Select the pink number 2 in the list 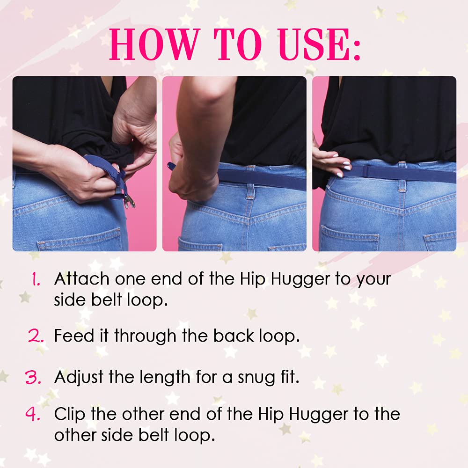click(36, 336)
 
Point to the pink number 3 click(33, 377)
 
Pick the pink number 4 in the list click(33, 414)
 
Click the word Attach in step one click(82, 279)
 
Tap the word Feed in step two click(74, 336)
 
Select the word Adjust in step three click(80, 377)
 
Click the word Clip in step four click(70, 414)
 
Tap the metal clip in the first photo click(129, 202)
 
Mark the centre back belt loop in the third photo click(402, 177)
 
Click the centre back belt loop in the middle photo click(250, 183)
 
